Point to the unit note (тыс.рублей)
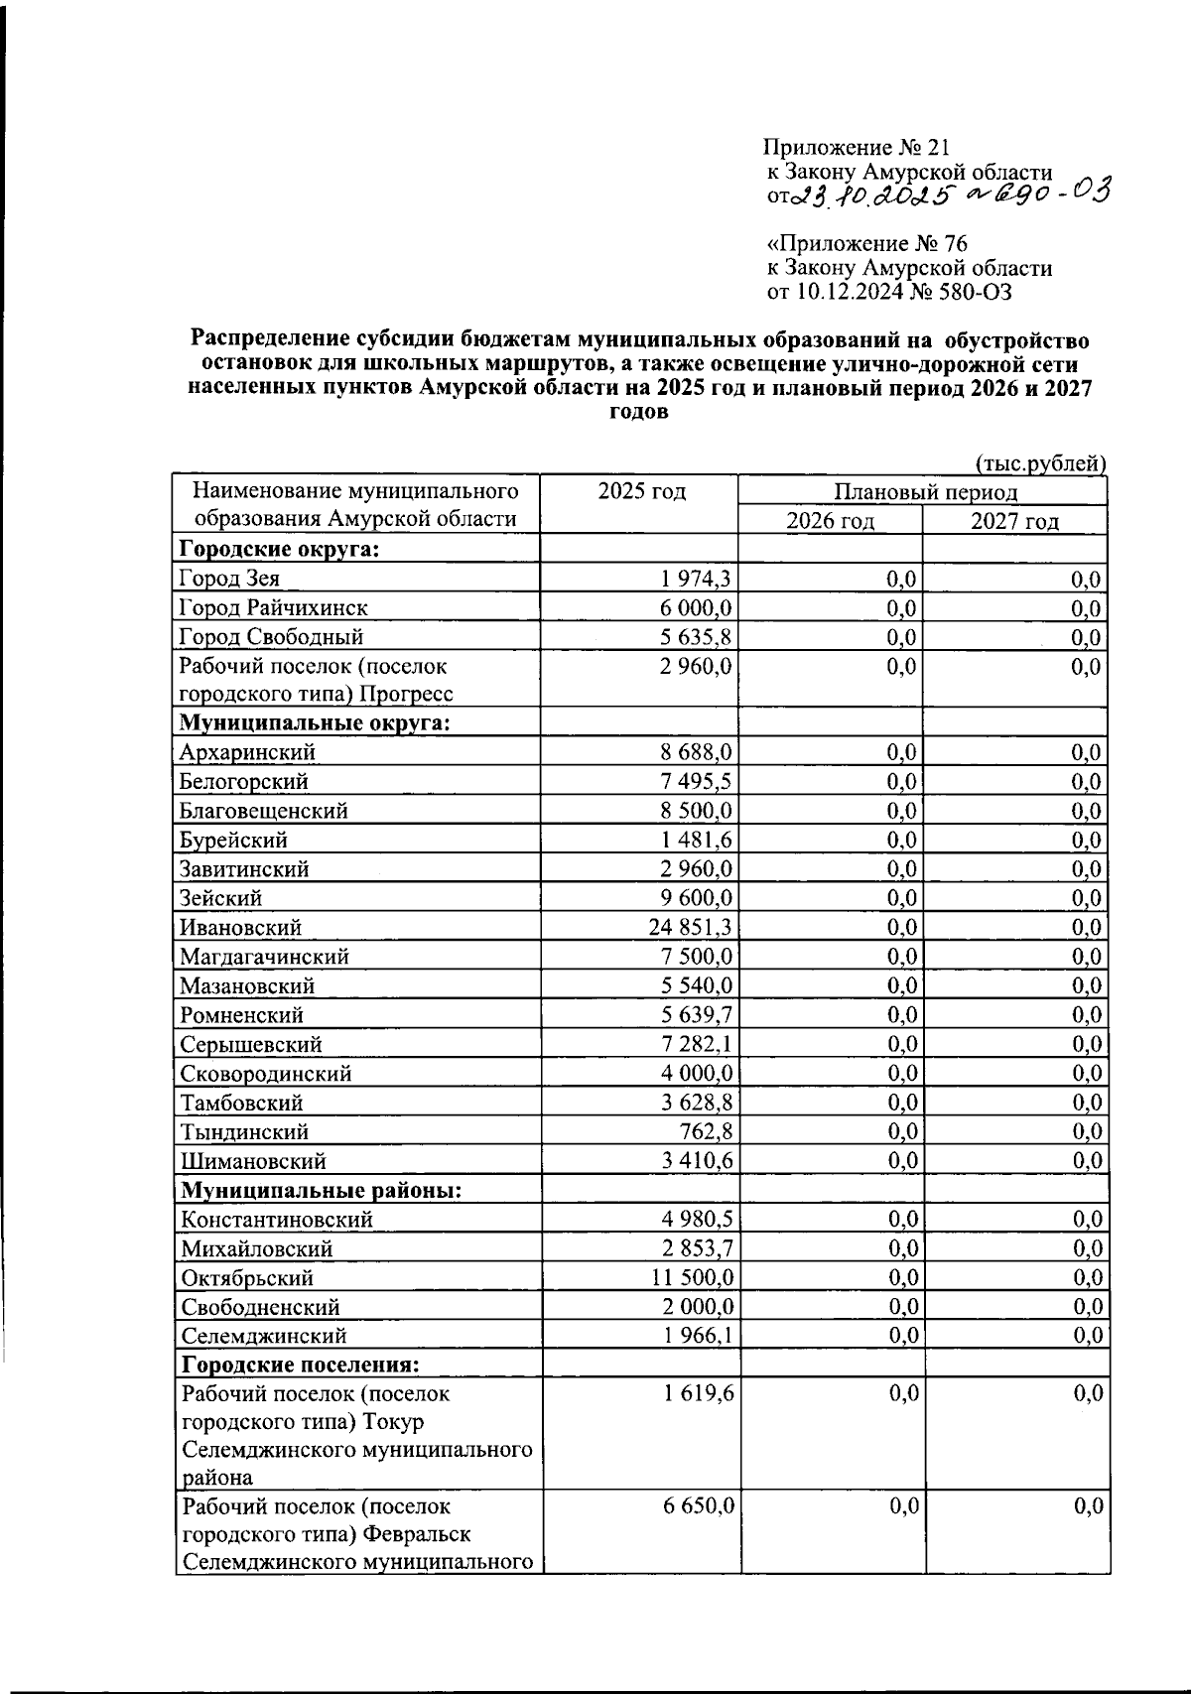click(1039, 462)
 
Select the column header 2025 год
click(641, 492)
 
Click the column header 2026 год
click(830, 521)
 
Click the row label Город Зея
click(229, 579)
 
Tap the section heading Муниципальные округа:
click(315, 722)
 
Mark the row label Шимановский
click(253, 1161)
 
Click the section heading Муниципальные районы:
click(321, 1190)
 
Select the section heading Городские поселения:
click(302, 1366)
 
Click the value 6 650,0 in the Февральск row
click(699, 1506)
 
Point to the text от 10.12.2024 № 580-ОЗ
click(889, 291)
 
